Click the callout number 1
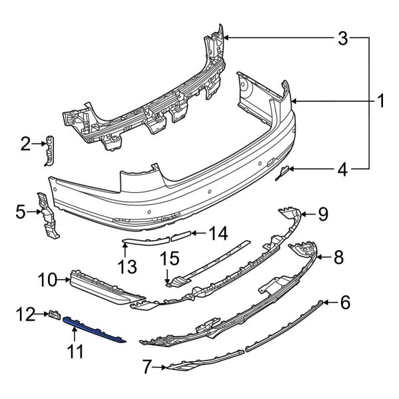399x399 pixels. click(381, 102)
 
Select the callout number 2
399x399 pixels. click(26, 143)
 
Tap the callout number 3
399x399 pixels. click(342, 39)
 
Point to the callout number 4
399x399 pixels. click(342, 170)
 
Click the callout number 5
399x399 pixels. click(21, 213)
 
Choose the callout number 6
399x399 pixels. click(344, 303)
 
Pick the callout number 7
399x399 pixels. click(148, 365)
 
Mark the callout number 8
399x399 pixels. click(338, 255)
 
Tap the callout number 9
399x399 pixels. click(323, 213)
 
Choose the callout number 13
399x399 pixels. click(126, 267)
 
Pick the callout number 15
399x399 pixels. click(171, 257)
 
